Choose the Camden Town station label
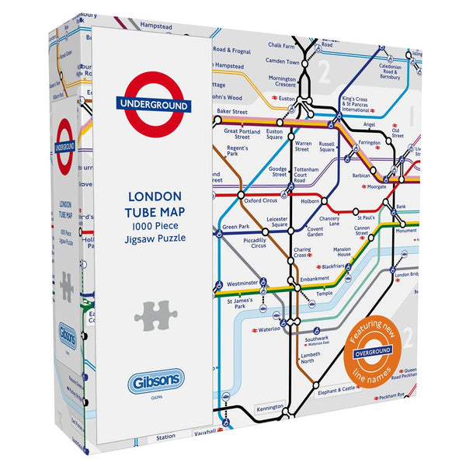coord(282,61)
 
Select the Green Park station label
coord(235,228)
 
